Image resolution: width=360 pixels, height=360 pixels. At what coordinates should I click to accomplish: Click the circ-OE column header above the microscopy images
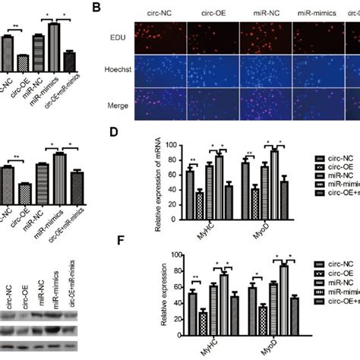pos(213,13)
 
